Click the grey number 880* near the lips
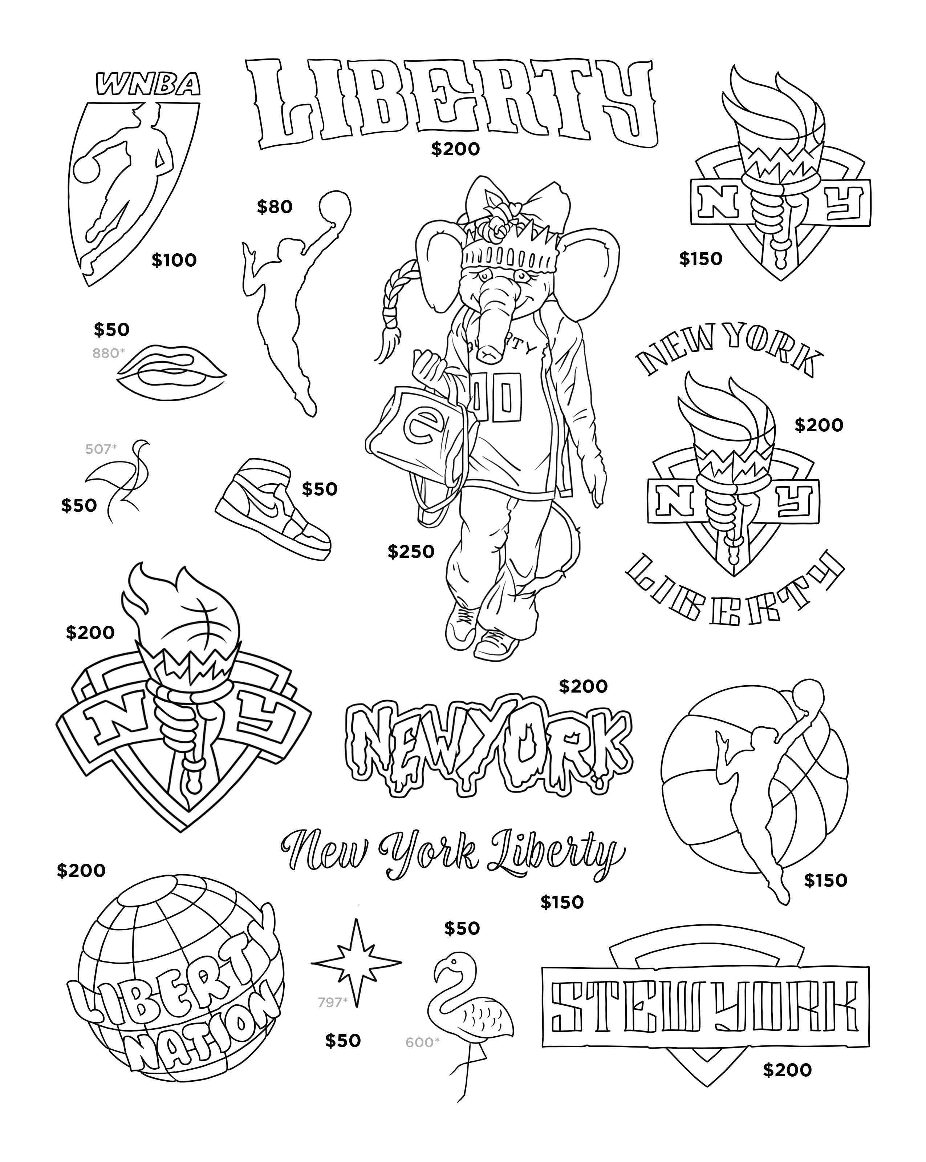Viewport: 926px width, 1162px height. click(x=108, y=353)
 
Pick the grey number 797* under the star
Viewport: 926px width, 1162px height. click(x=332, y=1002)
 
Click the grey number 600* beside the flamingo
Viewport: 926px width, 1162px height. click(x=422, y=1042)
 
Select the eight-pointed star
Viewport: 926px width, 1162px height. click(x=356, y=963)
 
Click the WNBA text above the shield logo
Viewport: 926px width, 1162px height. click(x=147, y=85)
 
